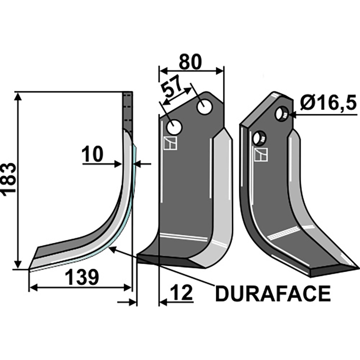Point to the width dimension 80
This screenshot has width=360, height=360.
point(190,62)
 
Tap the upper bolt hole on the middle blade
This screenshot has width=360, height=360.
point(205,107)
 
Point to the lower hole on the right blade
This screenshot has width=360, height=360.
point(259,138)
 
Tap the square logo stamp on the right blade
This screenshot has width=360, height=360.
point(261,155)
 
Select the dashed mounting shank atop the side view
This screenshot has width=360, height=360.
point(128,110)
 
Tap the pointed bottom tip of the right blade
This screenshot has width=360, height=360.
point(358,269)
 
